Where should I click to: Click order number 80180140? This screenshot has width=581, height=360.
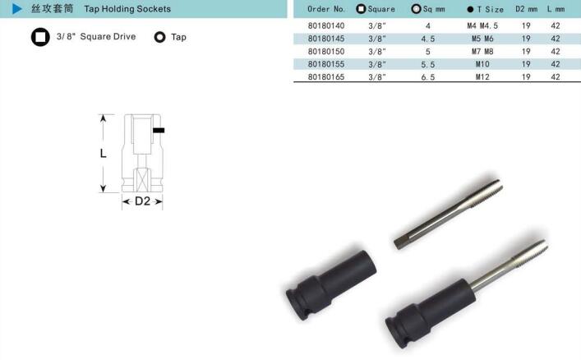pyautogui.click(x=326, y=26)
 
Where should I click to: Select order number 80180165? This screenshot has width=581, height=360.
pyautogui.click(x=326, y=77)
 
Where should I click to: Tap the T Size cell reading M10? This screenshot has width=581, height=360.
pyautogui.click(x=482, y=64)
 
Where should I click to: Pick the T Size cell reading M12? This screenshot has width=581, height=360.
pyautogui.click(x=482, y=77)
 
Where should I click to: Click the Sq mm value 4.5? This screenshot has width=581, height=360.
pyautogui.click(x=428, y=39)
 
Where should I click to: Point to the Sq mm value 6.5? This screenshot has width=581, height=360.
pyautogui.click(x=428, y=77)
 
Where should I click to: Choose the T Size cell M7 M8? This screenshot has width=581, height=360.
pyautogui.click(x=482, y=52)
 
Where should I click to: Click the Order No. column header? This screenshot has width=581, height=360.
pyautogui.click(x=326, y=9)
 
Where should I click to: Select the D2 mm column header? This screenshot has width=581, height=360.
pyautogui.click(x=526, y=9)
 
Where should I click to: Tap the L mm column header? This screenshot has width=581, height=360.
pyautogui.click(x=556, y=9)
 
